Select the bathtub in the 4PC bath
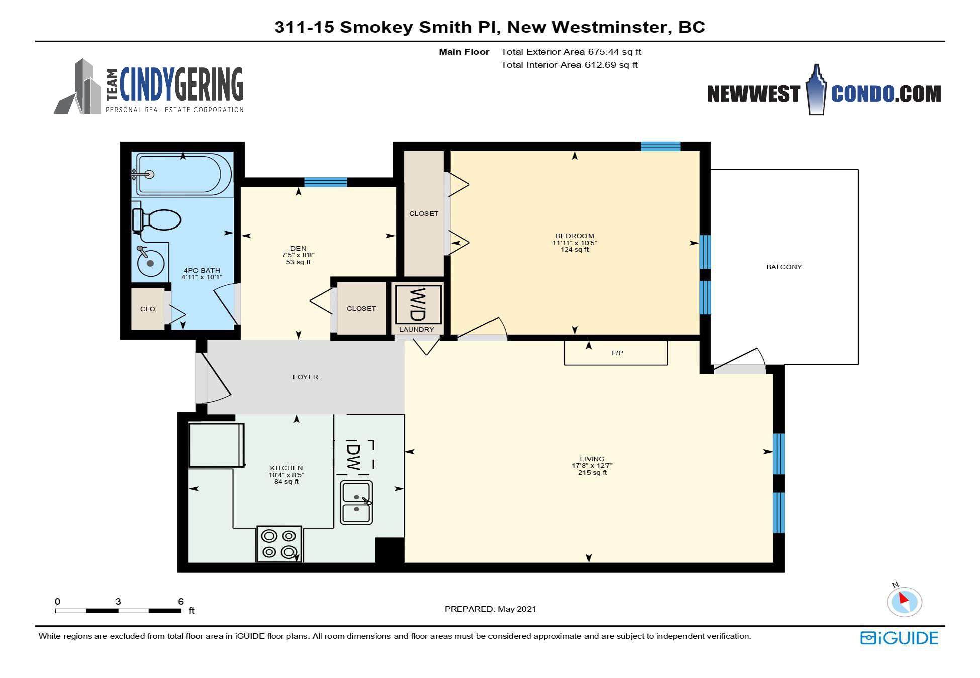(183, 175)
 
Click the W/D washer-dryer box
(418, 304)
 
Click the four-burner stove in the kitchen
(279, 544)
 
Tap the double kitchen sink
(356, 502)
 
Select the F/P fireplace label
(617, 353)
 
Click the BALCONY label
(784, 267)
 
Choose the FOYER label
(306, 377)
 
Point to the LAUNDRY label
(417, 329)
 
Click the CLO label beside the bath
(148, 309)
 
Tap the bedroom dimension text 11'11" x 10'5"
(575, 243)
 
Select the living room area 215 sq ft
(593, 472)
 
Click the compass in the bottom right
(904, 601)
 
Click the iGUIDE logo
(899, 638)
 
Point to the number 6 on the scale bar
(181, 601)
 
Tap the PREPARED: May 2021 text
(491, 609)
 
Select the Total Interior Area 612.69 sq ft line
(569, 65)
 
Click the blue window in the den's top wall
(325, 182)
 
